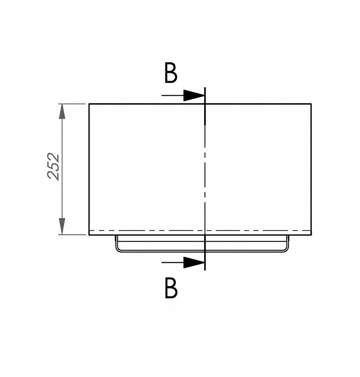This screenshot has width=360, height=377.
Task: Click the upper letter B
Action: (171, 73)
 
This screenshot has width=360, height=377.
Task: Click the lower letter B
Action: (171, 288)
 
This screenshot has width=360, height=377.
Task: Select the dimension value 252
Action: (53, 167)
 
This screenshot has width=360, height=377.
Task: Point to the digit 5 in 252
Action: (53, 167)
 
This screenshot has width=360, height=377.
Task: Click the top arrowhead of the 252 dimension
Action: (62, 111)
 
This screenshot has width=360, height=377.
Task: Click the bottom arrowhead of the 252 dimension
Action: (62, 227)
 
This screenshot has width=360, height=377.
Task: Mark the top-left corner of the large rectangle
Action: (89, 104)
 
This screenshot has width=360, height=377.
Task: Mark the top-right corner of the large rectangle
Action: (311, 104)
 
